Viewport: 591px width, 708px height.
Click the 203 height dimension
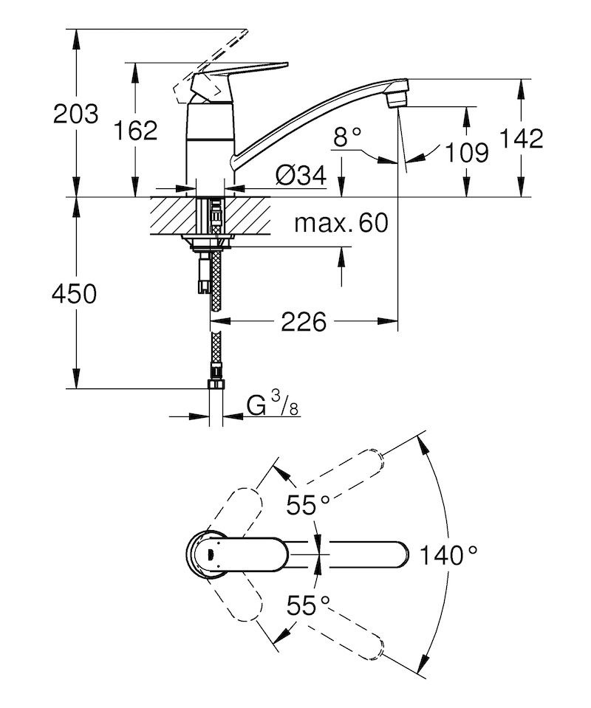click(75, 114)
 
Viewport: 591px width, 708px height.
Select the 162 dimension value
click(135, 131)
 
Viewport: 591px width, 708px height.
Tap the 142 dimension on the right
click(521, 139)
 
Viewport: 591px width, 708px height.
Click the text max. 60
click(341, 223)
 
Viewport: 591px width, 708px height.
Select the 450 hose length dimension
click(75, 294)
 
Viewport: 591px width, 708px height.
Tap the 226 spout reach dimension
click(304, 322)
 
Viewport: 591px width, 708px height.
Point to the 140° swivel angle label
click(448, 554)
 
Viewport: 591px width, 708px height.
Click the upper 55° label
click(309, 504)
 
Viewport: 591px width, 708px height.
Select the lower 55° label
click(309, 605)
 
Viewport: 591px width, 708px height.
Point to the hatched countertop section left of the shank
click(173, 216)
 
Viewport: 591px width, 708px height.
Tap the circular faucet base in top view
click(206, 554)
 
